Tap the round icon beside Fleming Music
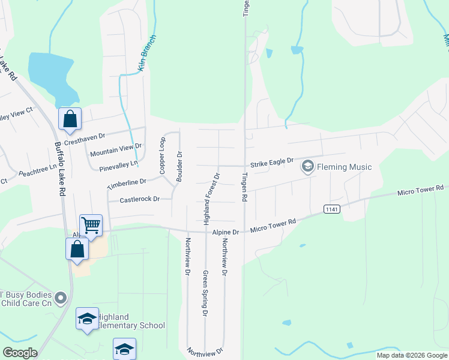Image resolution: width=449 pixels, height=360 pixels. [308, 166]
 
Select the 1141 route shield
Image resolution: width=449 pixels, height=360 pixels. [331, 209]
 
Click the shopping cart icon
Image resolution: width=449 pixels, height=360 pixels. [91, 226]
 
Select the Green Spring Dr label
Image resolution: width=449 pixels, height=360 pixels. [205, 293]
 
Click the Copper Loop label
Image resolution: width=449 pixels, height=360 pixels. [162, 156]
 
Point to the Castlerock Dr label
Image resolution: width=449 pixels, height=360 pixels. [139, 199]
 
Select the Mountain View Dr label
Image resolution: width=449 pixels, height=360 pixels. [115, 150]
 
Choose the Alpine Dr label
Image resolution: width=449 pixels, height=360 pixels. [225, 232]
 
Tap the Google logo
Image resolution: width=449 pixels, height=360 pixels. [20, 353]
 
